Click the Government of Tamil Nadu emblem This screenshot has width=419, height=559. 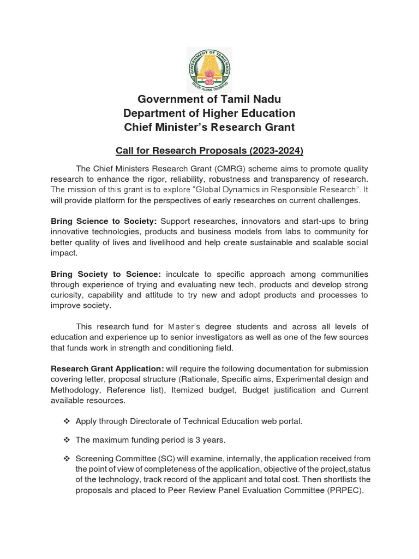tap(209, 69)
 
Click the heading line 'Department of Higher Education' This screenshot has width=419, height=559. tap(209, 114)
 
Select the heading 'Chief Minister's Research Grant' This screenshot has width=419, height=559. tap(209, 127)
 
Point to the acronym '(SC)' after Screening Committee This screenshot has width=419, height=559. tap(156, 459)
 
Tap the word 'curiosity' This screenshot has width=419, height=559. tap(68, 295)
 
